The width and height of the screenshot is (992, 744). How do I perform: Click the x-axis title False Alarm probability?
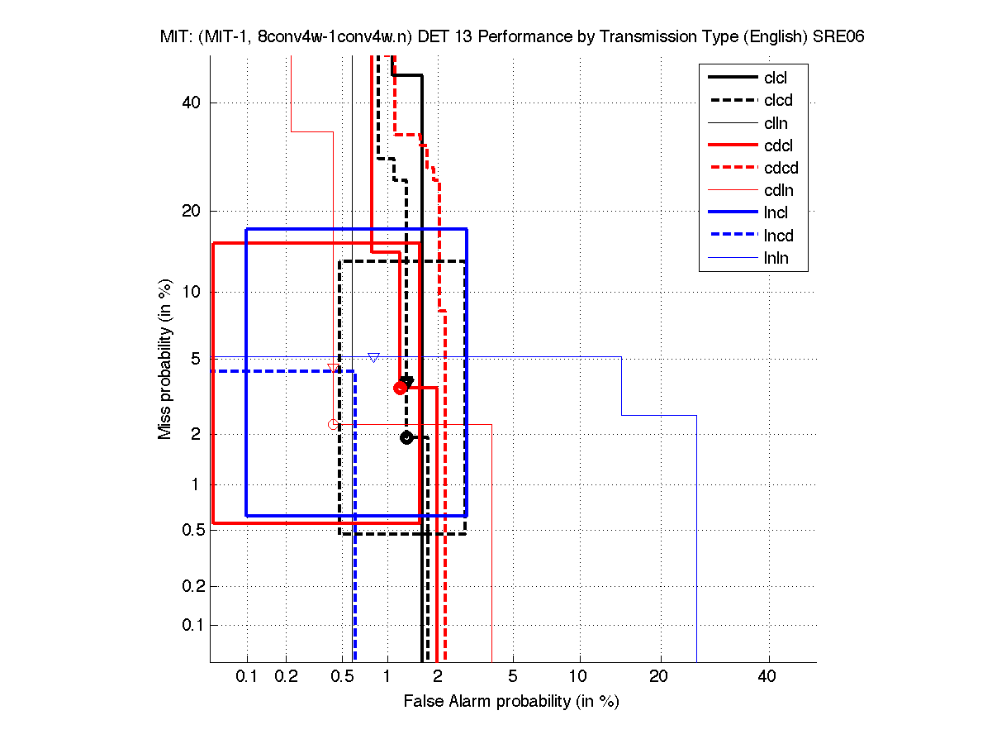coord(511,702)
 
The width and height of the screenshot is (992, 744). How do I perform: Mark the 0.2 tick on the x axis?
coord(286,675)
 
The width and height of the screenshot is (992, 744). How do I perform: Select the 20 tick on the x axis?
coord(658,675)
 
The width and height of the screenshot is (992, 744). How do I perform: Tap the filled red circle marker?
coord(400,388)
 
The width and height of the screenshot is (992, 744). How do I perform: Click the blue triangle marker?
coord(373,358)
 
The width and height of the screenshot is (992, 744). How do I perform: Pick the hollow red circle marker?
coord(334,425)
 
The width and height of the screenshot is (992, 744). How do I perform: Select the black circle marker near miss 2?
coord(406,437)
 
